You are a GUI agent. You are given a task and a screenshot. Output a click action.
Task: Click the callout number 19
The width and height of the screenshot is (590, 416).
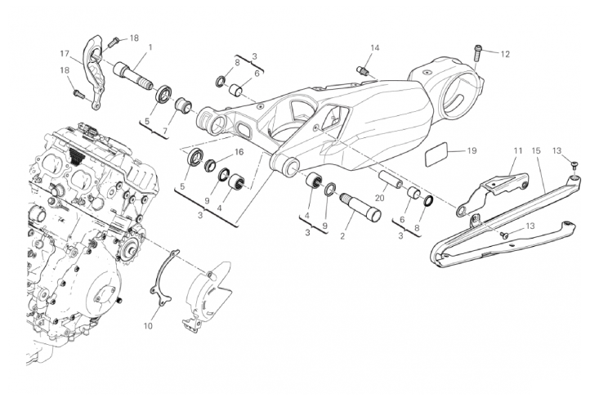click(472, 150)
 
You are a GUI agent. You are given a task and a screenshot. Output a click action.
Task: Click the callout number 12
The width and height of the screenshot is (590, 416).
click(505, 54)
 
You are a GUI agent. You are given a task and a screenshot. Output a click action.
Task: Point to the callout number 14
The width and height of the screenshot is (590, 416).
click(375, 48)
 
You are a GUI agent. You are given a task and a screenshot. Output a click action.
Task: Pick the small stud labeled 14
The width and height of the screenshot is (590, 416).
click(363, 71)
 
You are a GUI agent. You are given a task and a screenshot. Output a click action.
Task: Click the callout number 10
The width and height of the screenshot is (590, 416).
click(148, 325)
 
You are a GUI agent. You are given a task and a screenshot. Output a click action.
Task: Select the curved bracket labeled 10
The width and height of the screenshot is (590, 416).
click(164, 279)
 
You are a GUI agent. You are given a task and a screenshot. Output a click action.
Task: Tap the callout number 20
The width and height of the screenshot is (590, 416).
click(380, 197)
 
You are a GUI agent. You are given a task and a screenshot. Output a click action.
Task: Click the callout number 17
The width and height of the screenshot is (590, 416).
click(65, 54)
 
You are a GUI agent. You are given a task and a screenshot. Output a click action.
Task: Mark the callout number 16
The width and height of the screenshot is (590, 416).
click(239, 152)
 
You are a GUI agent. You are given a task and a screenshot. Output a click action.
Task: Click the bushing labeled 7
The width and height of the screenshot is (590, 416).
click(183, 105)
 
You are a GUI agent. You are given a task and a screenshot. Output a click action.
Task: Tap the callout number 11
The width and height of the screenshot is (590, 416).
click(518, 150)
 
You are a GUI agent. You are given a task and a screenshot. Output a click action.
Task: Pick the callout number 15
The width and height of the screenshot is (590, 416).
click(536, 150)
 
